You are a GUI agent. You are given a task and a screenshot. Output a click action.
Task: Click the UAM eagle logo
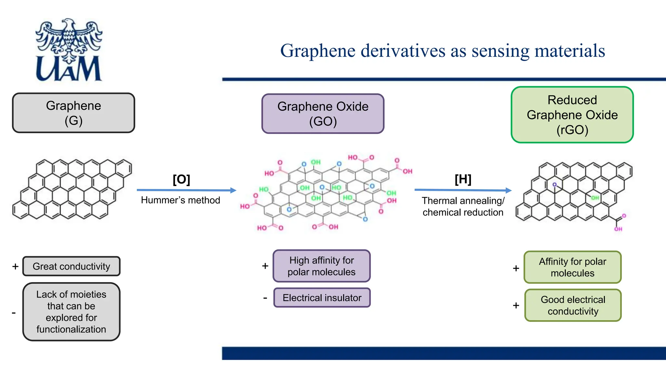coord(69,49)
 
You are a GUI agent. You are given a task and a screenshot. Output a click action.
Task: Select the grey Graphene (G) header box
coord(73,113)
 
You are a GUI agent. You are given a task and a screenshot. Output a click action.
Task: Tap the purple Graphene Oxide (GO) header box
coord(323,114)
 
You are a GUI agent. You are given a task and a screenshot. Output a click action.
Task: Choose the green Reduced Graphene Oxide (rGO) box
coord(572,115)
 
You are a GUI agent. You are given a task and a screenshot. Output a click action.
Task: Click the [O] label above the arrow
coord(181,179)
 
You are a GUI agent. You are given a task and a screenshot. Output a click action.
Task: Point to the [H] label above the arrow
coord(463,179)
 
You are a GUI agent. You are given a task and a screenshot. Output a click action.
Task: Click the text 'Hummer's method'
coord(180,200)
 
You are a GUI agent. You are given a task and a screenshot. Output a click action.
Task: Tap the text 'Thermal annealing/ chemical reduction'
coord(463,206)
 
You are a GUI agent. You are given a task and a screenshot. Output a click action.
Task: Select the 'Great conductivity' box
coord(71,266)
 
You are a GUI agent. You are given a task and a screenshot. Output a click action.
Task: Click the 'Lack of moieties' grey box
coord(71,312)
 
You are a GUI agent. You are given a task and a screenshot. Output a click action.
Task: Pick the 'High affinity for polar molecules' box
coord(321,266)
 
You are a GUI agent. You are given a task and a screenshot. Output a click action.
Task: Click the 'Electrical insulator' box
coord(322,298)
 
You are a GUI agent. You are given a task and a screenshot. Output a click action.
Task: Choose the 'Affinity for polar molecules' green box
coord(572,267)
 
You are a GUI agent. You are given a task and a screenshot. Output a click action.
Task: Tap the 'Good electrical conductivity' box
coord(573,305)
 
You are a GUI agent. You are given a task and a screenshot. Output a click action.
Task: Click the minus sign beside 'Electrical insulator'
coord(265,298)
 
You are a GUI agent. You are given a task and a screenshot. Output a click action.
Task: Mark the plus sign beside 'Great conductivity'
coord(15,267)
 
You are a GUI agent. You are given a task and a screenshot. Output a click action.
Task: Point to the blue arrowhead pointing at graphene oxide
coord(233,190)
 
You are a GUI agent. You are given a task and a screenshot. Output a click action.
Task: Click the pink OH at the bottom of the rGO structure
coord(618,229)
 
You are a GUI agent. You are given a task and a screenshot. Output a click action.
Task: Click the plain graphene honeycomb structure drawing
coord(72,189)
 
